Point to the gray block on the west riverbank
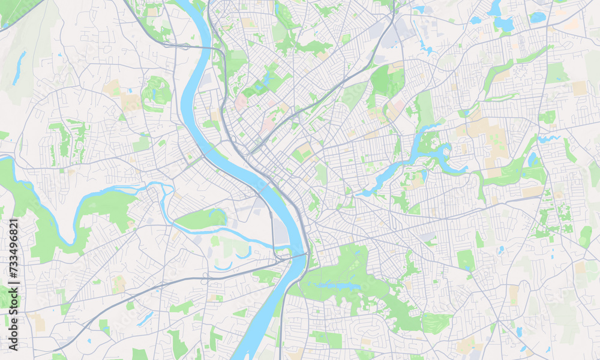point(280,232)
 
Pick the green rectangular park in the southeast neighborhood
point(465,260)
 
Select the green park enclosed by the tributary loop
point(201,220)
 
